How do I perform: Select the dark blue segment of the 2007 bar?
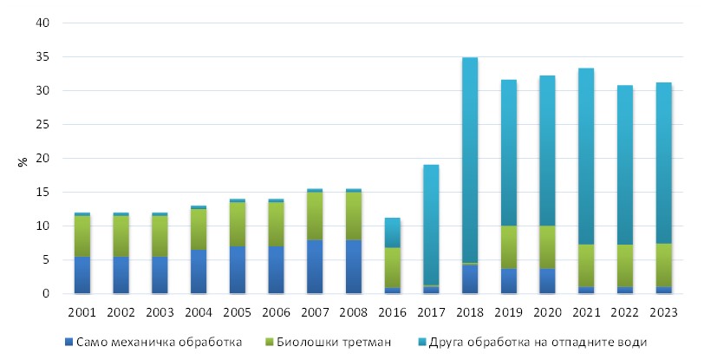pyautogui.click(x=315, y=267)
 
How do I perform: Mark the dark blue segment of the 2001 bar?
pyautogui.click(x=82, y=275)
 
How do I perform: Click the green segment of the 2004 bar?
pyautogui.click(x=199, y=230)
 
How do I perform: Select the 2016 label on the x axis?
pyautogui.click(x=392, y=310)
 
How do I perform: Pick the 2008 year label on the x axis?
pyautogui.click(x=354, y=310)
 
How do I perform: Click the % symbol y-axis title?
pyautogui.click(x=23, y=160)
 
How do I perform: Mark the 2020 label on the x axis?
pyautogui.click(x=547, y=310)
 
